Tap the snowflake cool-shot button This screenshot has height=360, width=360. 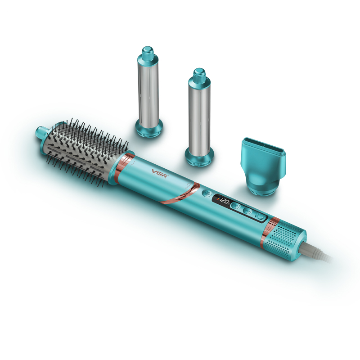click(207, 193)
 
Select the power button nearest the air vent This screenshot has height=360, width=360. click(261, 216)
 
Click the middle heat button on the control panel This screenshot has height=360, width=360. click(247, 211)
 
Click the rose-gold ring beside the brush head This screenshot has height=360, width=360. click(121, 169)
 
